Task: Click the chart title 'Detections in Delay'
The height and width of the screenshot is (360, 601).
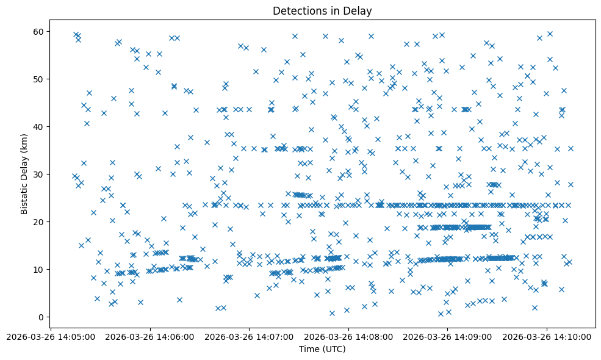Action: (322, 11)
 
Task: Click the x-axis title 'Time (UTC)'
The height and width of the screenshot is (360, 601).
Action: (322, 349)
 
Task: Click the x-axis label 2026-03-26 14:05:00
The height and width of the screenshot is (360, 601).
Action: (51, 336)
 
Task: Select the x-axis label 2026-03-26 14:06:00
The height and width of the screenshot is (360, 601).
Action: (150, 336)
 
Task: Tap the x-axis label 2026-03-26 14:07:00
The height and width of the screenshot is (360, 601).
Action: (250, 336)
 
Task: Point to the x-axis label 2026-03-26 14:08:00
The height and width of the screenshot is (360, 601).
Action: (348, 336)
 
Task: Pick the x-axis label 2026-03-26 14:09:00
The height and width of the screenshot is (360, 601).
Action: (448, 336)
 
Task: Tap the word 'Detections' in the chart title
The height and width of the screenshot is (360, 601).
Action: (298, 11)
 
